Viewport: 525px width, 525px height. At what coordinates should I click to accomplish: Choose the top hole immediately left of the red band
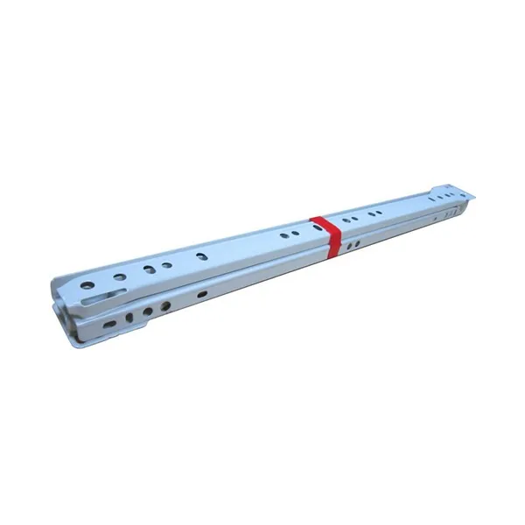308,228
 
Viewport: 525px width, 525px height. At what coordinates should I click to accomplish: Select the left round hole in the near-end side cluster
147,311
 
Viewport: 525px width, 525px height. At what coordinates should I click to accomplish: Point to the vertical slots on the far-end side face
450,211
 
